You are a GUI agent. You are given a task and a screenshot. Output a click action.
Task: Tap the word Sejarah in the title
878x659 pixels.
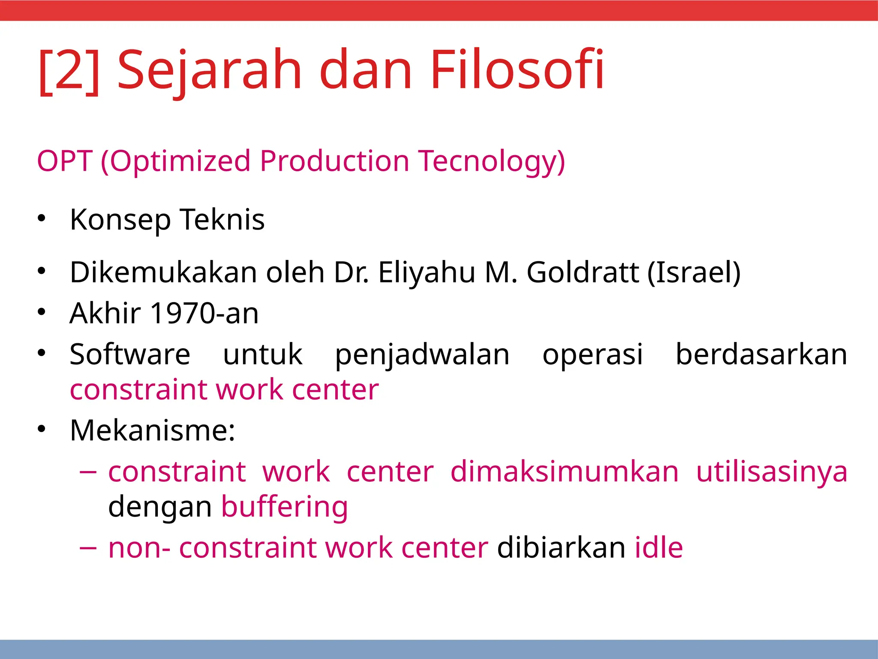pos(210,71)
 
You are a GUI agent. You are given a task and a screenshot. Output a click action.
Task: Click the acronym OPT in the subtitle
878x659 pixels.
pos(64,161)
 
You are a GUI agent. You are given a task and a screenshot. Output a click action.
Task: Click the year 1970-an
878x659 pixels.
pos(205,313)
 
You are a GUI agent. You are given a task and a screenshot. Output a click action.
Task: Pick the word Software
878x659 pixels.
pos(130,354)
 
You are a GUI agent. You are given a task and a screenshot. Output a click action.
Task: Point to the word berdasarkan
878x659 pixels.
pos(761,354)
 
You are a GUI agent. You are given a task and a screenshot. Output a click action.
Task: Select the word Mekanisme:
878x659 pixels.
pos(153,430)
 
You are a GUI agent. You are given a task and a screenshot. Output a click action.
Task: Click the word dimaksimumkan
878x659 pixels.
pos(564,472)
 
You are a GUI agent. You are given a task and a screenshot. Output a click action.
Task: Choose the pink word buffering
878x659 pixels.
pos(285,507)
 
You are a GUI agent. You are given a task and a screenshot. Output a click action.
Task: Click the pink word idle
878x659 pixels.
pos(658,547)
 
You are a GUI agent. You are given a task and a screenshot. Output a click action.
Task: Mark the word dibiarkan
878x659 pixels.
pos(561,547)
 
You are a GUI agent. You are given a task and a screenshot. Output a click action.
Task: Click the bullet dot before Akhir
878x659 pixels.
pos(41,311)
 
